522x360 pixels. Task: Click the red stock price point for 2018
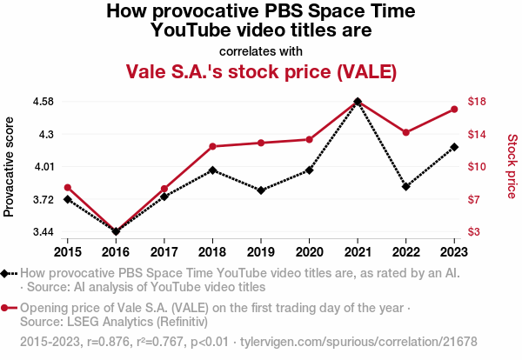pos(212,146)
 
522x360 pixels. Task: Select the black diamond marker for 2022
pos(405,186)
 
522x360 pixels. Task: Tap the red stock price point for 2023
pos(454,109)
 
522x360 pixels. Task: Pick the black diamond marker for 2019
pos(261,190)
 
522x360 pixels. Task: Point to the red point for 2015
pos(68,187)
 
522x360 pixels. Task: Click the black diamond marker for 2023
pos(454,147)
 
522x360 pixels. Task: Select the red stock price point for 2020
pos(309,139)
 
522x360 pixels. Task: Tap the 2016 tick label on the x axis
pos(116,252)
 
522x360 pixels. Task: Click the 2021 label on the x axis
pos(358,252)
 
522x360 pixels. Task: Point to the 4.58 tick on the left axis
pos(42,102)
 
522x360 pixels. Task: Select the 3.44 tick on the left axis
pos(42,232)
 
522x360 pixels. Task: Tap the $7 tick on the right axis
pos(476,199)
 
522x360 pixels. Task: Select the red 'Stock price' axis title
pos(512,165)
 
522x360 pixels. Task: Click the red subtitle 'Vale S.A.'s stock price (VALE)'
pos(261,70)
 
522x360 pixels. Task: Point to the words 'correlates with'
pos(261,50)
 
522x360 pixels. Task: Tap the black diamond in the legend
pos(6,274)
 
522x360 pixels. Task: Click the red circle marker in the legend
pos(6,308)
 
